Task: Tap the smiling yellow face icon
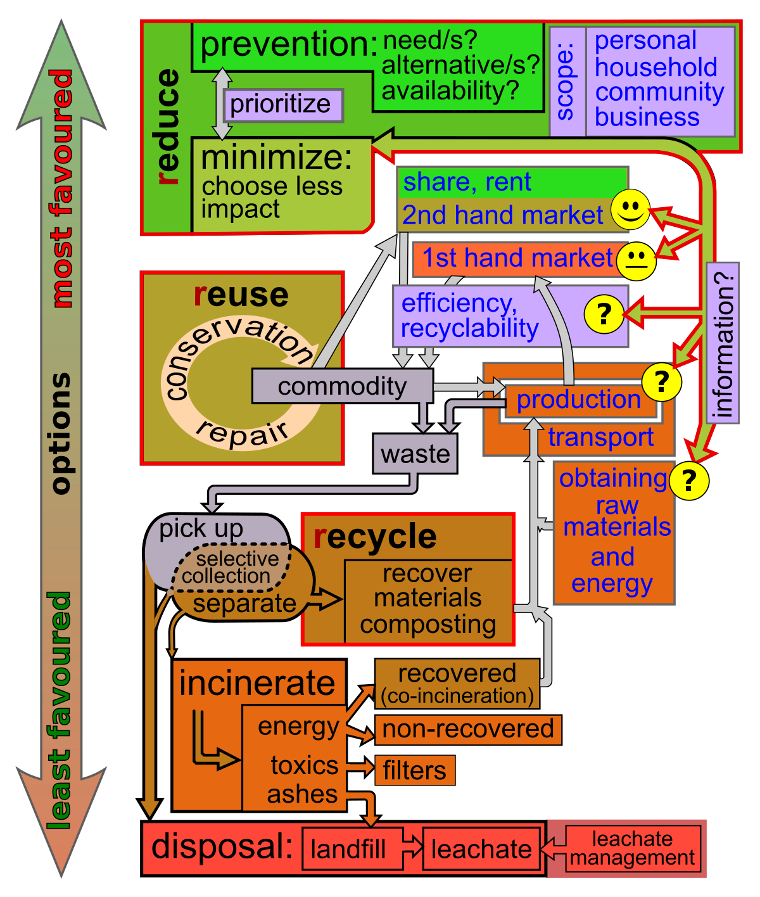point(630,210)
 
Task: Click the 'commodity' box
point(342,386)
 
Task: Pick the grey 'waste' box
point(415,454)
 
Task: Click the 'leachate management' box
point(631,849)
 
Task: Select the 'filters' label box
point(415,770)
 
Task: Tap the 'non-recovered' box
point(468,729)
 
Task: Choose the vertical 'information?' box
point(723,343)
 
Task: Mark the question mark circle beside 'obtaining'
point(688,480)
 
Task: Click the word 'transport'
point(600,438)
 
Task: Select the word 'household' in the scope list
point(656,67)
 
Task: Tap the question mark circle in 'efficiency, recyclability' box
point(604,314)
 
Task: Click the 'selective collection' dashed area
point(232,566)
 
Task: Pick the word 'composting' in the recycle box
point(428,625)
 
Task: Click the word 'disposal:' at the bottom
point(222,846)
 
